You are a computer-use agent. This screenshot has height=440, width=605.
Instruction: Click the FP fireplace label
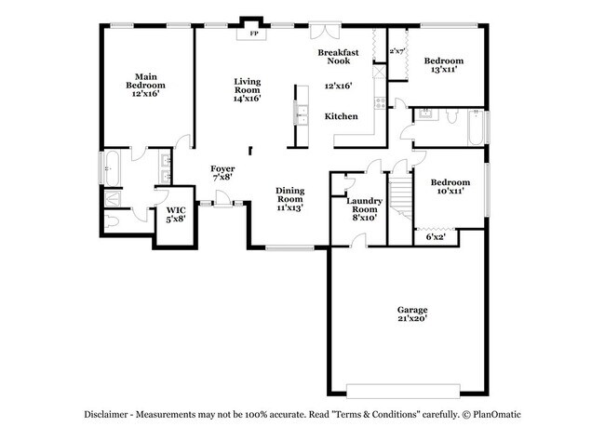253,33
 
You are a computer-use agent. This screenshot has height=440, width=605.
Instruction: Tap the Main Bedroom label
145,81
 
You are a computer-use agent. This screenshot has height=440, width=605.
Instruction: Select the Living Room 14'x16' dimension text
248,99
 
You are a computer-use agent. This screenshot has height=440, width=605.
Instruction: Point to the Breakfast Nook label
339,57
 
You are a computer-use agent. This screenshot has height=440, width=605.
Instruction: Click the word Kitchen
341,116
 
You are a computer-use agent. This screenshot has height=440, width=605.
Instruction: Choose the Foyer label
222,169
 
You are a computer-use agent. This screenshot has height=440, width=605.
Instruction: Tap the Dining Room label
290,194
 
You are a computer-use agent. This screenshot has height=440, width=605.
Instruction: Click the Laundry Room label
364,206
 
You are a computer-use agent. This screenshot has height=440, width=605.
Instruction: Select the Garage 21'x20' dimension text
412,318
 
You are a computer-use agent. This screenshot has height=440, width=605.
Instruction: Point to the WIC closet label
176,210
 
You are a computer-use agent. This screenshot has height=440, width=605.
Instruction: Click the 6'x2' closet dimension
436,237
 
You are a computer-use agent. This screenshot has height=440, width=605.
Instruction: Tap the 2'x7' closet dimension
397,51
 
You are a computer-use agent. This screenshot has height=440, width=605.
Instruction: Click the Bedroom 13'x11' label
444,65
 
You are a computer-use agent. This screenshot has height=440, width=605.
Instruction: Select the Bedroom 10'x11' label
450,187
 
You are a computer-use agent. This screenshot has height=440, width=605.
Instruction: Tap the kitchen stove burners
380,102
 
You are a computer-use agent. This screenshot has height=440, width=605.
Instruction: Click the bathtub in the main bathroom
112,168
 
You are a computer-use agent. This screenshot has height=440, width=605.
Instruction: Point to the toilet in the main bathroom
111,221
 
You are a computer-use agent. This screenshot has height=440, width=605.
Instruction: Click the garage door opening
403,391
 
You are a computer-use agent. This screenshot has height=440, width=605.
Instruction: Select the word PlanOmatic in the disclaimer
497,415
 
